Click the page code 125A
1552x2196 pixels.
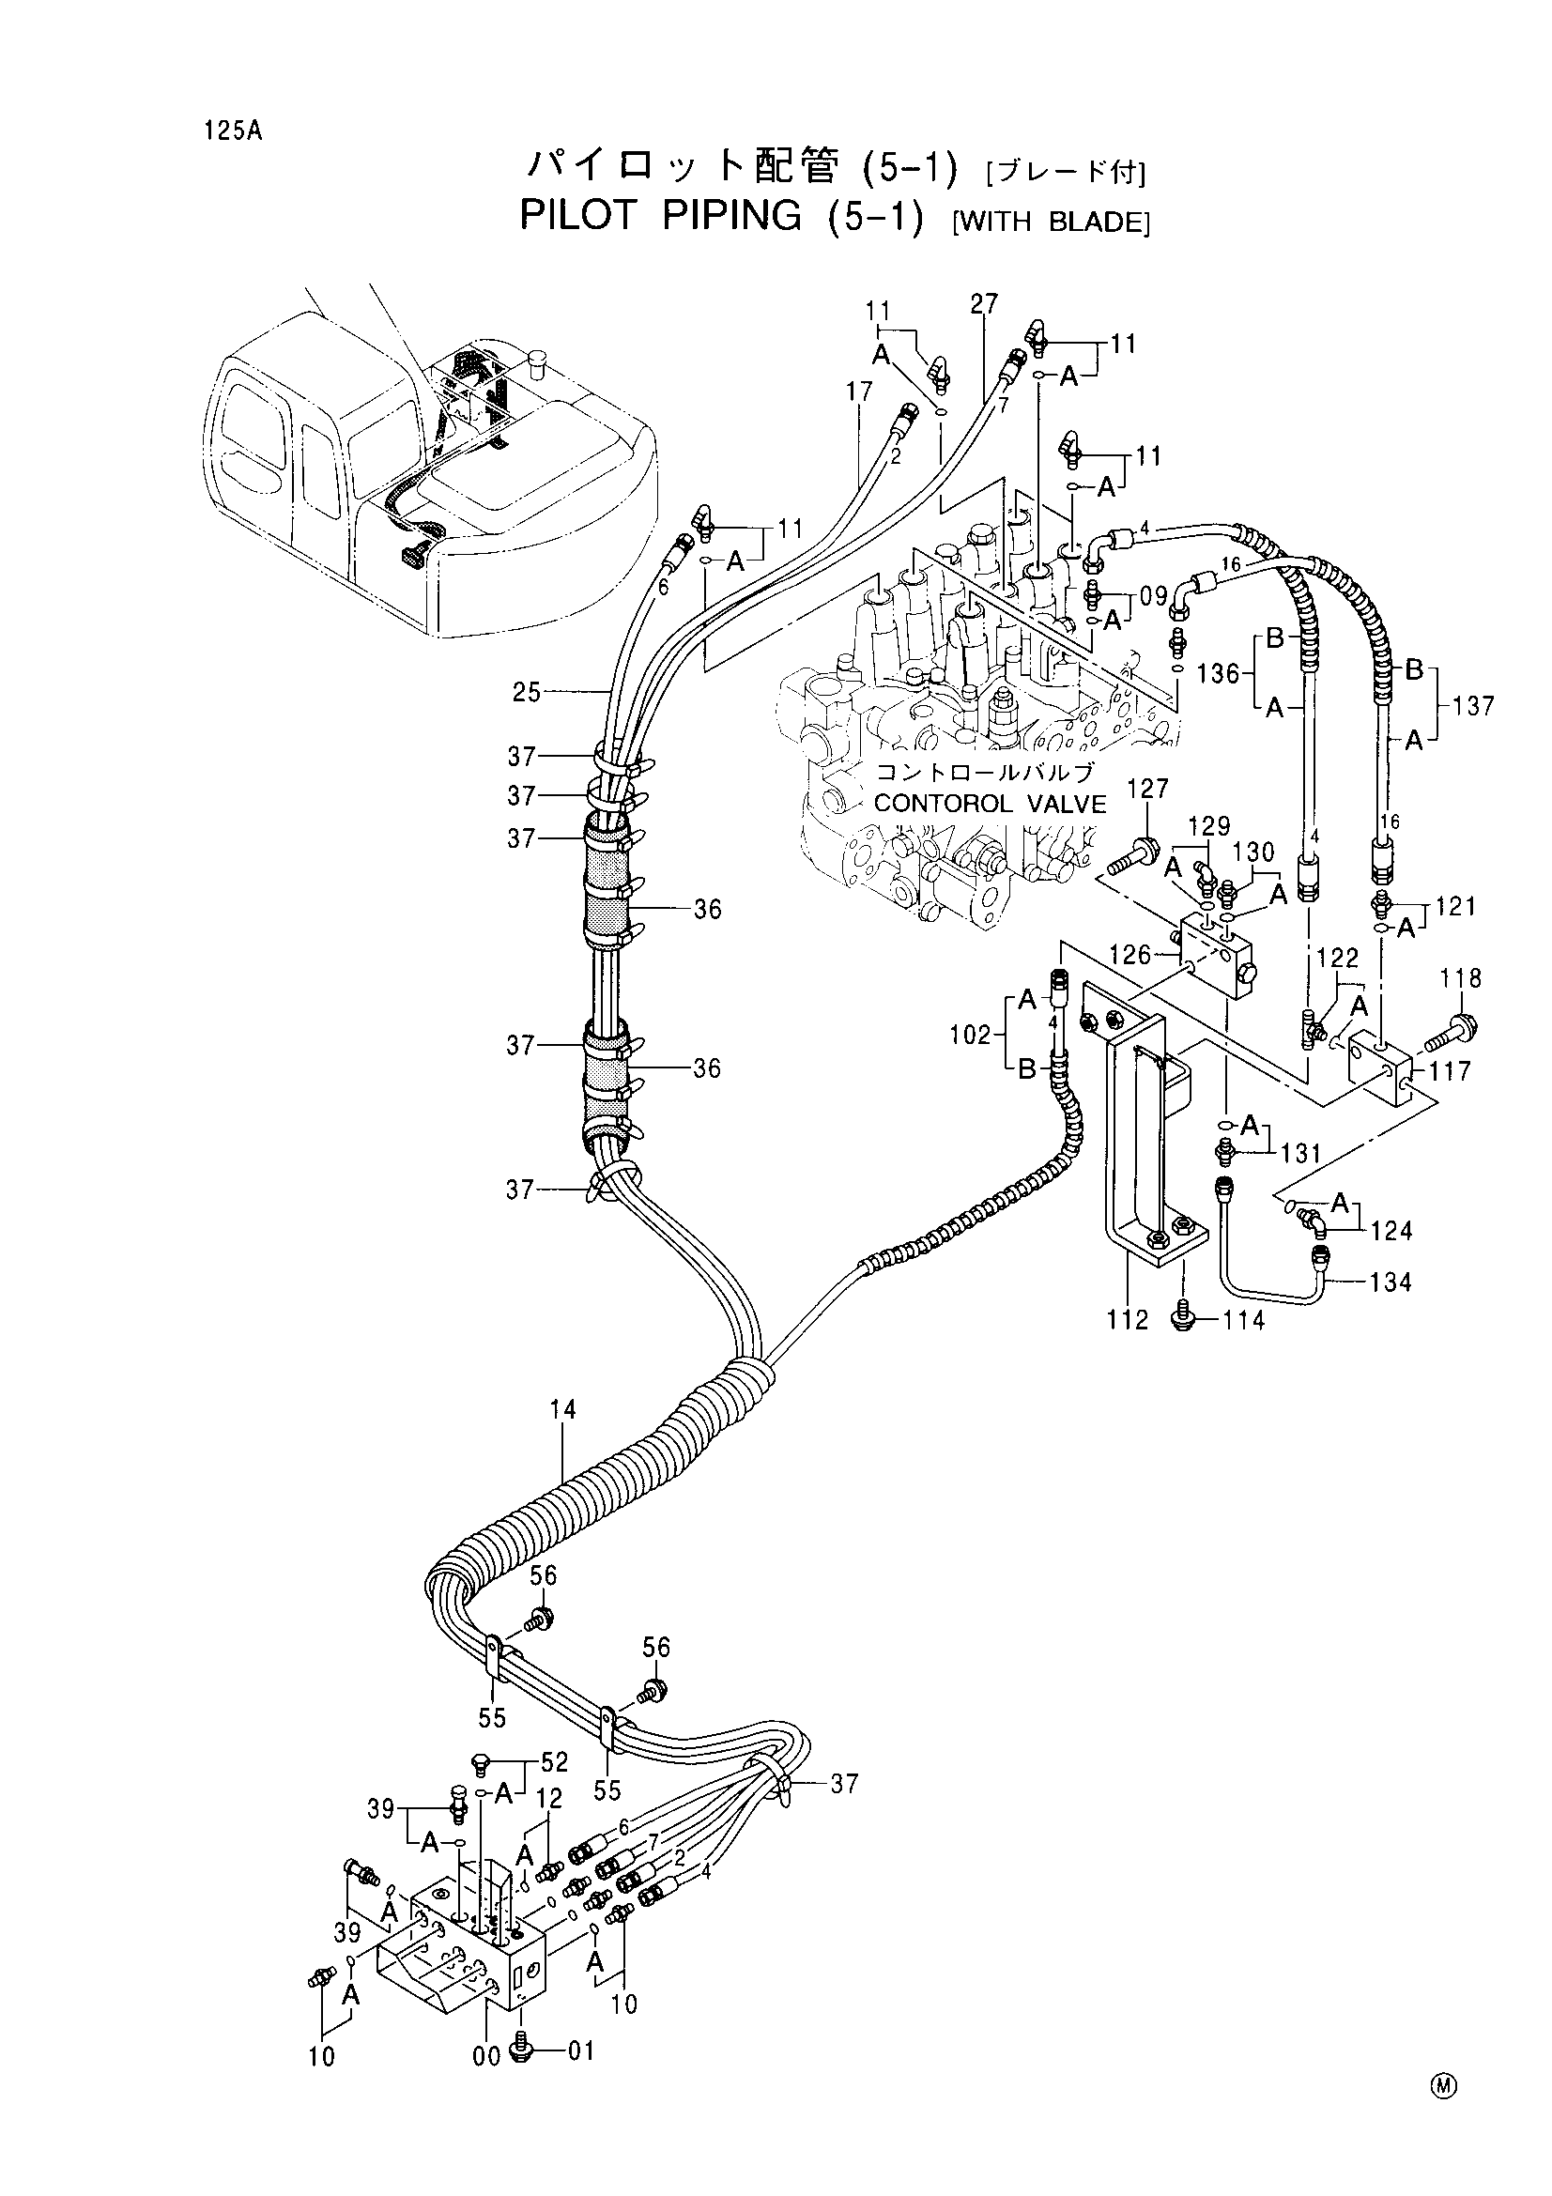[231, 131]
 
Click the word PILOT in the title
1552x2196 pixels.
[577, 217]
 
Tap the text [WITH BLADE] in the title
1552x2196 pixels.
[1051, 223]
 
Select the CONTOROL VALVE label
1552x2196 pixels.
[990, 804]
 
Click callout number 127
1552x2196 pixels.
[1148, 788]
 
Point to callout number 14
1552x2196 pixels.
[563, 1409]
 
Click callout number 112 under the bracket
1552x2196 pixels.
[1127, 1321]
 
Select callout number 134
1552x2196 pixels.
[1391, 1282]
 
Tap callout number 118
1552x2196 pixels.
[1461, 978]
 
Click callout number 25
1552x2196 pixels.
[527, 692]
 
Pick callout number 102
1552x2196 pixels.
[971, 1035]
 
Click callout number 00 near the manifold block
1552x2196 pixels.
[486, 2054]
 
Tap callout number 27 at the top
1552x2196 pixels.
[984, 304]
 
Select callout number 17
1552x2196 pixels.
[860, 392]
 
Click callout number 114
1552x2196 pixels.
[1244, 1321]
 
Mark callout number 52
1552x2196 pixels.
[554, 1761]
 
